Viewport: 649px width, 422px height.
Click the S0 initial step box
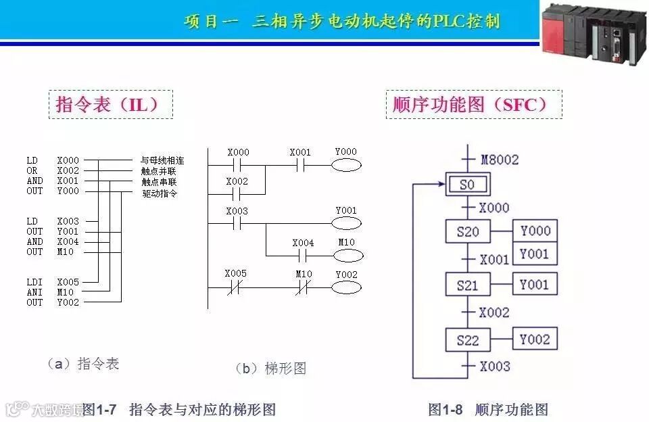pyautogui.click(x=467, y=183)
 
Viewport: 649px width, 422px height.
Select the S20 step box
pyautogui.click(x=467, y=232)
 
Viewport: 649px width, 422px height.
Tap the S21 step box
pyautogui.click(x=467, y=285)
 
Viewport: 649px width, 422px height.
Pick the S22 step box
pyautogui.click(x=467, y=339)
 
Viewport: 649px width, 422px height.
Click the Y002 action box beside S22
pyautogui.click(x=535, y=339)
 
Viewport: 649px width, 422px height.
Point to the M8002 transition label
pyautogui.click(x=500, y=160)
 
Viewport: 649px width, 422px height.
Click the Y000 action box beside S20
pyautogui.click(x=535, y=231)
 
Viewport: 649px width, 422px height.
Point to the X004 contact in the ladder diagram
pyautogui.click(x=303, y=256)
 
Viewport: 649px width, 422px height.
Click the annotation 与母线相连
pyautogui.click(x=162, y=161)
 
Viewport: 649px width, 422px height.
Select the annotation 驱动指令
pyautogui.click(x=160, y=193)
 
